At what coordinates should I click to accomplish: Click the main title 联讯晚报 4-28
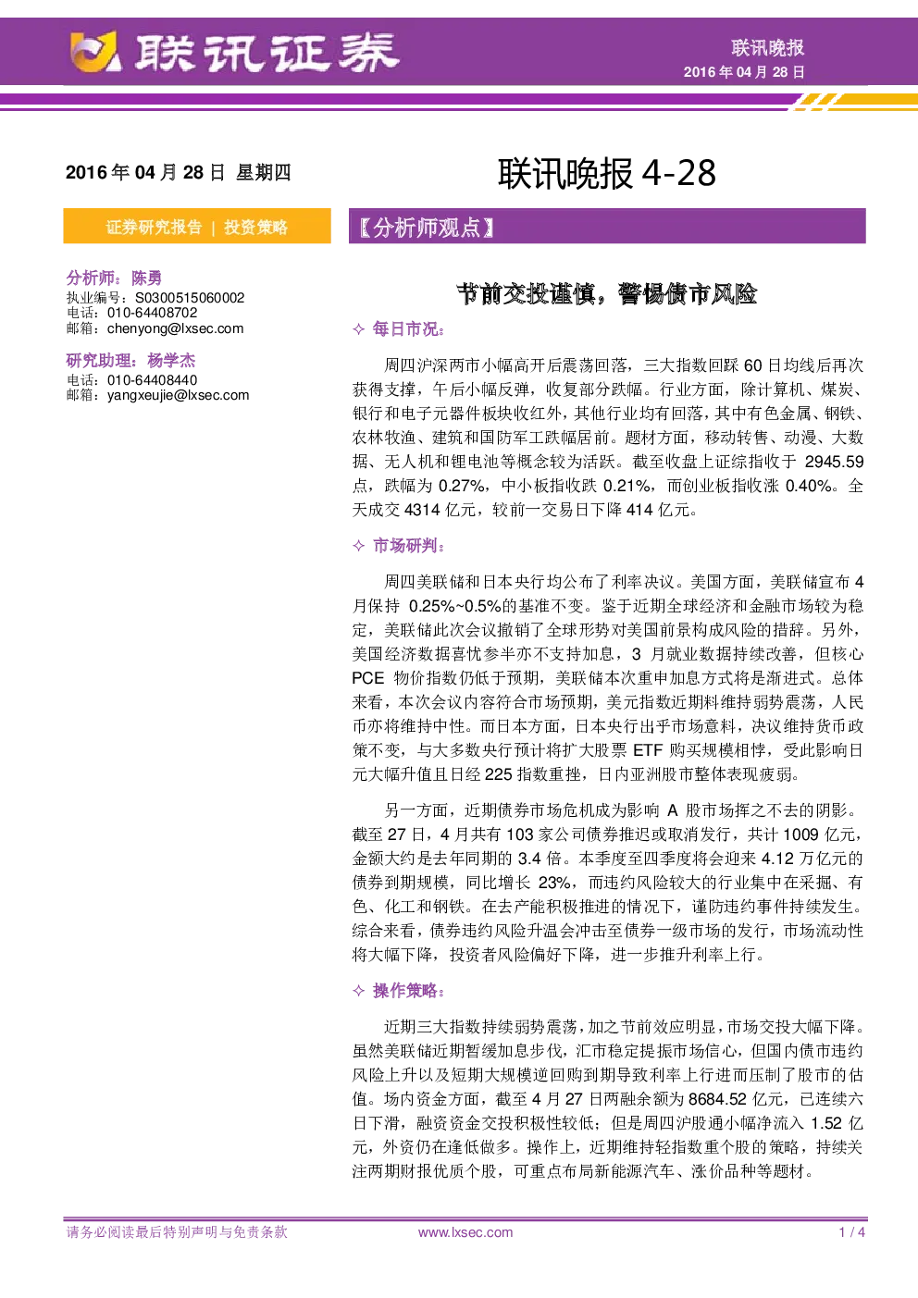click(607, 173)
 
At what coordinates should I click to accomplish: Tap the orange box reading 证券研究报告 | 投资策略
click(197, 226)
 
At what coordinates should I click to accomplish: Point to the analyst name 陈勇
click(146, 278)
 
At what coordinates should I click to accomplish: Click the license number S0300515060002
click(190, 298)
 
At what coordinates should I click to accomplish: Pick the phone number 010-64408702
click(153, 313)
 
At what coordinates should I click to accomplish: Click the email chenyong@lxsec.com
click(175, 328)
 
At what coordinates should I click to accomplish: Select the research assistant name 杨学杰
click(171, 361)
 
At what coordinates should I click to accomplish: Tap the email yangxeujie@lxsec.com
click(178, 395)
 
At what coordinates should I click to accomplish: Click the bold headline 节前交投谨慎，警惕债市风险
click(607, 294)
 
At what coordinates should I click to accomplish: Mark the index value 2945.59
click(834, 462)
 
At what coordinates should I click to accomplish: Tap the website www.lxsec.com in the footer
click(465, 1232)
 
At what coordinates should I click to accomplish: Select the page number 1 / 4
click(852, 1232)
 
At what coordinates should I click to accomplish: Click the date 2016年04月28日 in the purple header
click(744, 72)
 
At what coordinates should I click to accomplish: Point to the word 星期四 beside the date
click(263, 173)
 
